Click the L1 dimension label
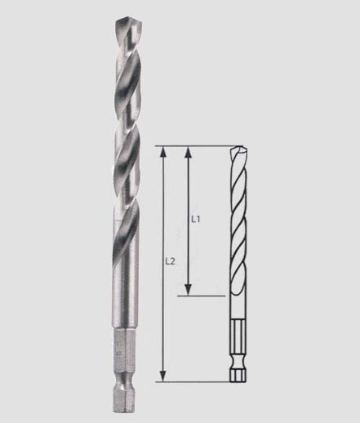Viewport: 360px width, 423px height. (196, 219)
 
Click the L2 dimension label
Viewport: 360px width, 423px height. (170, 261)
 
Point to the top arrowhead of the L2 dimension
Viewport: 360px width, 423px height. (162, 153)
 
